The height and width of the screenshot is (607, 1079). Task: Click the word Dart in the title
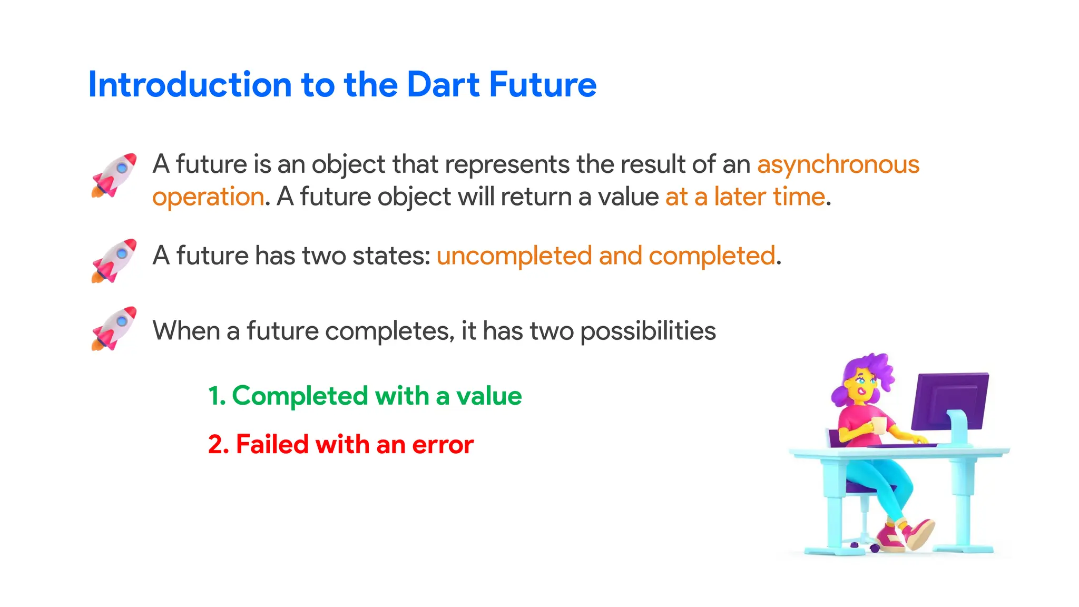(x=443, y=85)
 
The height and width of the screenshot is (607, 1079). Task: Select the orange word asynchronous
(x=838, y=164)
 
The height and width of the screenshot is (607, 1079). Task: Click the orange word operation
(x=208, y=197)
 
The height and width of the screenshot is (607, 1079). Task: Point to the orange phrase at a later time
(x=745, y=197)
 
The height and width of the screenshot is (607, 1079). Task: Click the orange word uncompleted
(x=514, y=256)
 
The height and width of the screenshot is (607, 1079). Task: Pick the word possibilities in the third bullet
(x=648, y=331)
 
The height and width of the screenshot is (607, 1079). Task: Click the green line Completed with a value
(x=365, y=396)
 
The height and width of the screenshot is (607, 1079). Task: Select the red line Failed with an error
(x=341, y=444)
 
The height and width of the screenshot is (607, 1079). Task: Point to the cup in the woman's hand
(x=879, y=425)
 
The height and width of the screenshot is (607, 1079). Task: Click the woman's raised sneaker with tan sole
(x=921, y=533)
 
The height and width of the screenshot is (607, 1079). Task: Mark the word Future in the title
(x=543, y=85)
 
